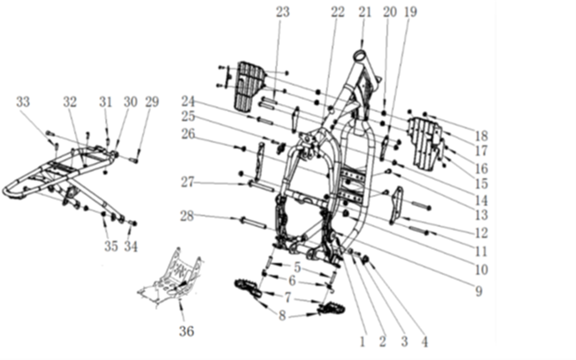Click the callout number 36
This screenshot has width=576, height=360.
click(x=187, y=331)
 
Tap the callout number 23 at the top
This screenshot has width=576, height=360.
click(x=283, y=12)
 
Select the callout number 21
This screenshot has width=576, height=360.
click(x=365, y=12)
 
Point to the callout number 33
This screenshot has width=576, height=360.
click(x=23, y=102)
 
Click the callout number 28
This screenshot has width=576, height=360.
click(x=187, y=216)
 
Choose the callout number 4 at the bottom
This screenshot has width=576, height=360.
click(x=423, y=341)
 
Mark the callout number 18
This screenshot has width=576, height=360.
click(x=481, y=135)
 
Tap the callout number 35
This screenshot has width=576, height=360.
click(x=111, y=246)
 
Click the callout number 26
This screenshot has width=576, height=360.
click(x=188, y=134)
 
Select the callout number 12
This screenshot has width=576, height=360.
click(x=481, y=233)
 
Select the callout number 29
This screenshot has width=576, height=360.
click(x=152, y=102)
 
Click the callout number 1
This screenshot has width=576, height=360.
click(x=362, y=341)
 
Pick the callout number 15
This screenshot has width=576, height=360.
click(x=481, y=184)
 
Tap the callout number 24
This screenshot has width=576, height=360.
click(x=188, y=101)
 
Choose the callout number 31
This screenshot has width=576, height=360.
click(x=106, y=102)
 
